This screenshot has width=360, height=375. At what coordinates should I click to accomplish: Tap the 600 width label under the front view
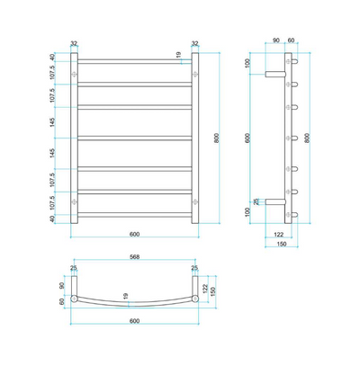pos(135,235)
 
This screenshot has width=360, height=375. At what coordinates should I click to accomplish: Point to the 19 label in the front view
pos(179,56)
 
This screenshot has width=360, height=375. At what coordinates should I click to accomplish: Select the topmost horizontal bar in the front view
pos(135,60)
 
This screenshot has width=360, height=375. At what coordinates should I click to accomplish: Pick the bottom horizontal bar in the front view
pos(135,216)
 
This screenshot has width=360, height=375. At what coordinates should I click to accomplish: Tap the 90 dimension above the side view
pos(276,41)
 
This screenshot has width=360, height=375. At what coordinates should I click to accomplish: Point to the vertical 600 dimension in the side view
pos(251,138)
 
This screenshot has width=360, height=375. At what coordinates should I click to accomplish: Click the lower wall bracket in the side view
pos(274,201)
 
